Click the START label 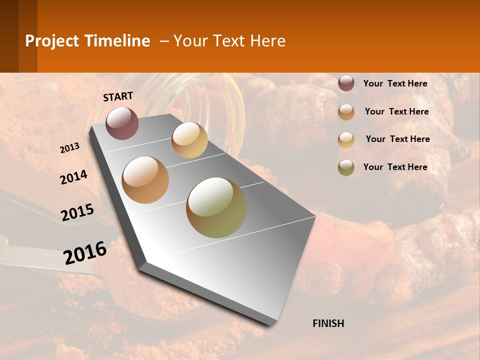pyautogui.click(x=118, y=96)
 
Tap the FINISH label pyautogui.click(x=328, y=323)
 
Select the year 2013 pyautogui.click(x=70, y=148)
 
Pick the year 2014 pyautogui.click(x=73, y=177)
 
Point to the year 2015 pyautogui.click(x=77, y=212)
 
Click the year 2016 pyautogui.click(x=85, y=252)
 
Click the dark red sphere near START pyautogui.click(x=122, y=123)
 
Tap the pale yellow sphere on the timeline pyautogui.click(x=189, y=140)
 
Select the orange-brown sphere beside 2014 pyautogui.click(x=145, y=180)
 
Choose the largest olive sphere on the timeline pyautogui.click(x=216, y=207)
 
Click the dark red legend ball pyautogui.click(x=346, y=83)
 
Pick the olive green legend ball pyautogui.click(x=346, y=167)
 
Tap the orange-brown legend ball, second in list pyautogui.click(x=346, y=112)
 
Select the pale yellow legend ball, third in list pyautogui.click(x=346, y=140)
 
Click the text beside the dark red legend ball pyautogui.click(x=395, y=83)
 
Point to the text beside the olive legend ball pyautogui.click(x=395, y=167)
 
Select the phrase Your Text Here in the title pyautogui.click(x=229, y=41)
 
